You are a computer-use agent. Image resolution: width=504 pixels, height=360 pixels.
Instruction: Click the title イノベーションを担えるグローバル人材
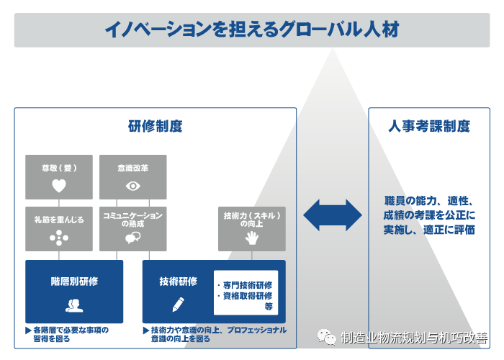[x=251, y=29]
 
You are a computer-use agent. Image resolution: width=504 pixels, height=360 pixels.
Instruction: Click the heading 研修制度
[x=155, y=126]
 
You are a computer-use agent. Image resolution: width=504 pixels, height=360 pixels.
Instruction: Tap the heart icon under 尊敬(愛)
[x=59, y=185]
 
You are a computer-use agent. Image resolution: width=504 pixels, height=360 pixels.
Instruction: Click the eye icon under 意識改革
[x=132, y=185]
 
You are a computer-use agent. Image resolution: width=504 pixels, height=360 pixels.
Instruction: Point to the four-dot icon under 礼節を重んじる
[x=59, y=238]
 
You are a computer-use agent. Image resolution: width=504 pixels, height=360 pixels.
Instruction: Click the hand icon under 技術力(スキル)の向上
[x=251, y=238]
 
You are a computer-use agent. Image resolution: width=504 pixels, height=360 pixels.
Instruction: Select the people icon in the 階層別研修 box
[x=73, y=305]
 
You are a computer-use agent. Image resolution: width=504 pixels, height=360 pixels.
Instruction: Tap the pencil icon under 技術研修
[x=178, y=303]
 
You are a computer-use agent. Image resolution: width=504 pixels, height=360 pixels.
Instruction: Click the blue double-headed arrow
[x=332, y=215]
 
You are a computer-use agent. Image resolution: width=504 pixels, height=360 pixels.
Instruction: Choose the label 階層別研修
[x=74, y=282]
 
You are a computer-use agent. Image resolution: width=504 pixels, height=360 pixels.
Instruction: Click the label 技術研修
[x=178, y=282]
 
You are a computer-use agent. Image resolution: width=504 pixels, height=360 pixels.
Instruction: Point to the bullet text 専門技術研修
[x=246, y=285]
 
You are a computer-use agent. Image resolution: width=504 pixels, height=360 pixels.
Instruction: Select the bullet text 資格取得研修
[x=246, y=295]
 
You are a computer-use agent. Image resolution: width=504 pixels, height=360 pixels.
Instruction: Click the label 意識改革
[x=132, y=168]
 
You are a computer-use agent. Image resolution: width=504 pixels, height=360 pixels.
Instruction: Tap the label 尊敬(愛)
[x=59, y=168]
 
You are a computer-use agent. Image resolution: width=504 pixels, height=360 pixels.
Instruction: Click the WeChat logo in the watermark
[x=328, y=337]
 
